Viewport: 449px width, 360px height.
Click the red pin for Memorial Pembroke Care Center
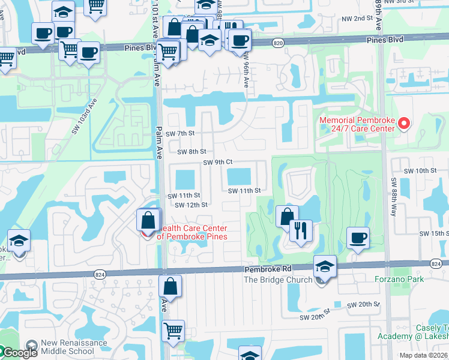coord(404,124)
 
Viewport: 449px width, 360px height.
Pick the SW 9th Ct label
coord(217,162)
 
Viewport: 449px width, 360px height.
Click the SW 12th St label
coord(191,205)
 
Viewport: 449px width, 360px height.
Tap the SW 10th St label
coord(420,170)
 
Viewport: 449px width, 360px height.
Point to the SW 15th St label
coord(433,233)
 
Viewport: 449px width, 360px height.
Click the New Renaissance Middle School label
coord(74,347)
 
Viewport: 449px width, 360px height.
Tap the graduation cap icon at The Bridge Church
coord(324,266)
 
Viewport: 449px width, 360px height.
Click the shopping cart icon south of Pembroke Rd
coord(173,330)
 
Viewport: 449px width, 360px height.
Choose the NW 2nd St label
coord(367,19)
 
